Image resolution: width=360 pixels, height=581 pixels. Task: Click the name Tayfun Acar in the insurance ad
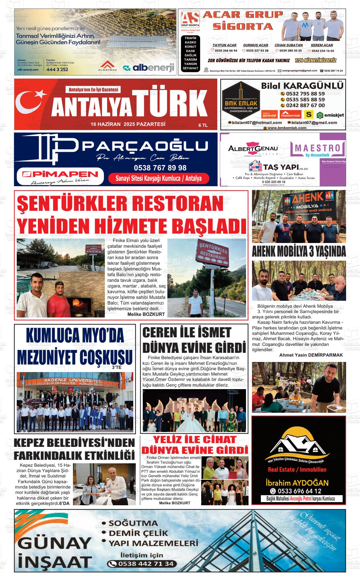pyautogui.click(x=224, y=45)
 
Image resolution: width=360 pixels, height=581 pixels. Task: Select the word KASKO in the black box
pyautogui.click(x=190, y=42)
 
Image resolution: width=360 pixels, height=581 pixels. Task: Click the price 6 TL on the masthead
pyautogui.click(x=203, y=125)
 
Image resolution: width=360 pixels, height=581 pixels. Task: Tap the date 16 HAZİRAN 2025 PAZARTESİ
pyautogui.click(x=128, y=124)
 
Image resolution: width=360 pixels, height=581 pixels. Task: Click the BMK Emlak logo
pyautogui.click(x=241, y=101)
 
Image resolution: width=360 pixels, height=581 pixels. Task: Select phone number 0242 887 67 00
pyautogui.click(x=305, y=105)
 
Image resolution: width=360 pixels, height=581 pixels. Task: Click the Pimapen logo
pyautogui.click(x=60, y=175)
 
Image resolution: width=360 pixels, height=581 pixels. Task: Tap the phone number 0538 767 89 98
pyautogui.click(x=160, y=168)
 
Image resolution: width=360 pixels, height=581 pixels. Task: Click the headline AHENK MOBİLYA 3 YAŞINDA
pyautogui.click(x=299, y=252)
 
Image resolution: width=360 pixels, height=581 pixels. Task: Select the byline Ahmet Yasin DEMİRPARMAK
pyautogui.click(x=311, y=355)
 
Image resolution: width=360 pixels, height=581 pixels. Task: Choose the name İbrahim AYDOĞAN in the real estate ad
pyautogui.click(x=297, y=483)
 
